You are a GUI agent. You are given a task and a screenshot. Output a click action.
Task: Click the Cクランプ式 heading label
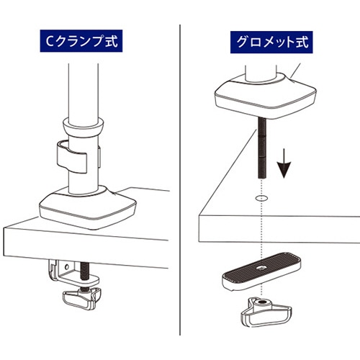(x=81, y=41)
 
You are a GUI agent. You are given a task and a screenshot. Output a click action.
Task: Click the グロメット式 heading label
(x=271, y=42)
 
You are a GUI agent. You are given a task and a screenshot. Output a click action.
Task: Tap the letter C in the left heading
(x=50, y=41)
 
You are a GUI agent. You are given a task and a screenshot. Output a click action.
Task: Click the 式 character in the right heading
(x=302, y=42)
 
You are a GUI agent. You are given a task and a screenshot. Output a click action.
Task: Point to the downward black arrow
(x=284, y=163)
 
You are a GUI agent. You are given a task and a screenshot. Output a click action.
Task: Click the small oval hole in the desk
(x=262, y=199)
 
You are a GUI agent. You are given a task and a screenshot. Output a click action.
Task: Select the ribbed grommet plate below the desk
(x=261, y=271)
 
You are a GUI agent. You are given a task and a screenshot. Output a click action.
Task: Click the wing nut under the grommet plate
(x=266, y=312)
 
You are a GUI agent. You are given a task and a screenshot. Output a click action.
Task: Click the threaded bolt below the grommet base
(x=262, y=148)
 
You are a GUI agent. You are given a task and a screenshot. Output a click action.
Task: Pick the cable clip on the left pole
(x=72, y=157)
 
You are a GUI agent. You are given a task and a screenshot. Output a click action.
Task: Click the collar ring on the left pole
(x=83, y=127)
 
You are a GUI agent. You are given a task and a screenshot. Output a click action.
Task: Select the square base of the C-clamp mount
(x=88, y=207)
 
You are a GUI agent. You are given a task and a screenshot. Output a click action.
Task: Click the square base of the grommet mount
(x=266, y=96)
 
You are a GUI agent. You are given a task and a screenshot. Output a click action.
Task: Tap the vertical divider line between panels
(x=180, y=179)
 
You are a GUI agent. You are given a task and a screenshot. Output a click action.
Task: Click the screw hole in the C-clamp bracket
(x=67, y=266)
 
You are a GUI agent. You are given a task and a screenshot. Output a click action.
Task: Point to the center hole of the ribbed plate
(x=261, y=267)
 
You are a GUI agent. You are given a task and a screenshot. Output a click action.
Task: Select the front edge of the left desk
(x=86, y=248)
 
